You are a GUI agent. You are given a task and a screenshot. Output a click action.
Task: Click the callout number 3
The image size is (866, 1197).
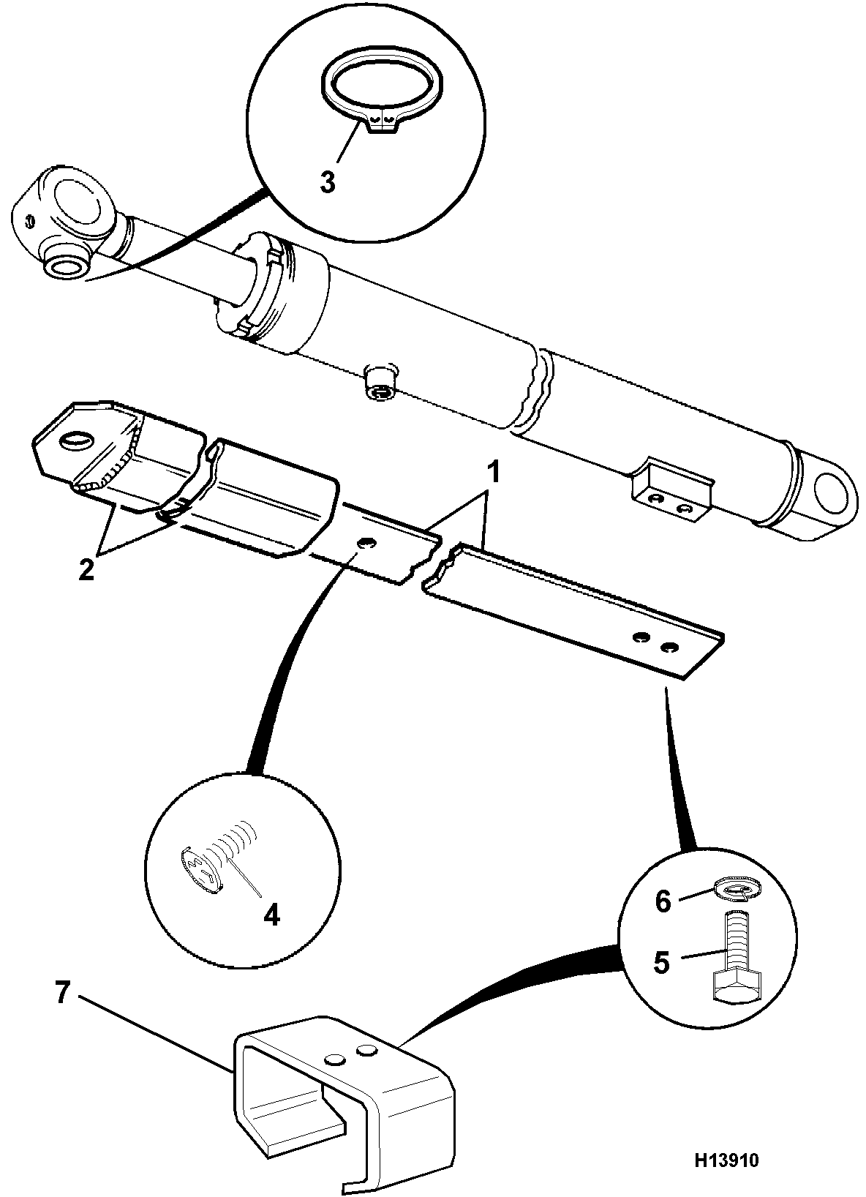click(x=327, y=182)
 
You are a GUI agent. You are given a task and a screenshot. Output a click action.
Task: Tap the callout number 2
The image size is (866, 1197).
click(x=86, y=570)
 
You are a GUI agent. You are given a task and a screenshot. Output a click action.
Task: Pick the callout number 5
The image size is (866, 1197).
click(x=661, y=962)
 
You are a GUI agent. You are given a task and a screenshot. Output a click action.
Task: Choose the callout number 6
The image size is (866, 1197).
click(x=663, y=903)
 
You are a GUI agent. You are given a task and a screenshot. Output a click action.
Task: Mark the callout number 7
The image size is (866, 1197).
click(x=62, y=994)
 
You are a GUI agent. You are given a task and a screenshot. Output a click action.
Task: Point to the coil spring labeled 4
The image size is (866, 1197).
click(x=225, y=862)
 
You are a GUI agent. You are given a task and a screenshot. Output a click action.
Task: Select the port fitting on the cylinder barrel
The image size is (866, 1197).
click(x=380, y=382)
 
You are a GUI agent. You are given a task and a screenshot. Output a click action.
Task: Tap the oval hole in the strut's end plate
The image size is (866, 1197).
click(x=77, y=441)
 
